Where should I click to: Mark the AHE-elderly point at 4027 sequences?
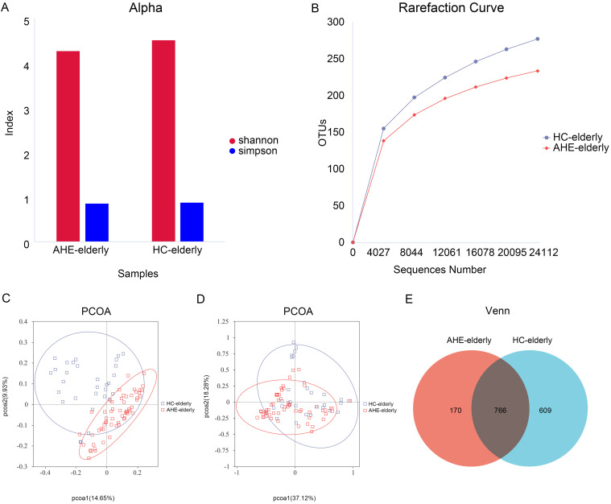point(383,141)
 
